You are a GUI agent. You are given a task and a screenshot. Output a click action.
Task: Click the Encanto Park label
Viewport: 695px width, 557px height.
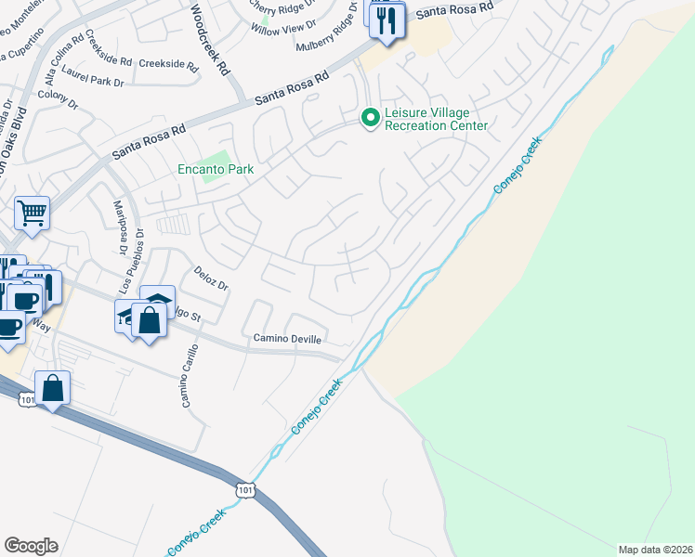click(216, 170)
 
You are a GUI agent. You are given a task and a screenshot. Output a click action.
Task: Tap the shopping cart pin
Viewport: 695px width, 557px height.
click(32, 214)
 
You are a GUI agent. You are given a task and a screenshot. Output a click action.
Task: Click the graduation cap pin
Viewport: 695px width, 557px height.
click(157, 302)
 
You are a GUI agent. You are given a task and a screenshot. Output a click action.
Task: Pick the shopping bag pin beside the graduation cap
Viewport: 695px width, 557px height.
click(149, 320)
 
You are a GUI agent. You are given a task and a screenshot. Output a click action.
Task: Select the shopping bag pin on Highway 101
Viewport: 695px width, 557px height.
click(53, 389)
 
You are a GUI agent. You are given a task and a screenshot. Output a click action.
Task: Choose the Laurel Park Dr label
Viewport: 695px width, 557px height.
click(93, 83)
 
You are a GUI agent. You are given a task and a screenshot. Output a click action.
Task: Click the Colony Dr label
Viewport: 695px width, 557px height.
click(59, 98)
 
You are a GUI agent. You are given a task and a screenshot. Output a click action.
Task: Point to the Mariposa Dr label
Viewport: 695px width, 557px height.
click(119, 227)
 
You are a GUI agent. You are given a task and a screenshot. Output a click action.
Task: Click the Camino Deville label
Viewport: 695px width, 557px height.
click(287, 339)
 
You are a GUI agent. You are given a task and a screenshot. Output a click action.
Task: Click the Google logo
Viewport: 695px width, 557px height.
click(31, 546)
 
